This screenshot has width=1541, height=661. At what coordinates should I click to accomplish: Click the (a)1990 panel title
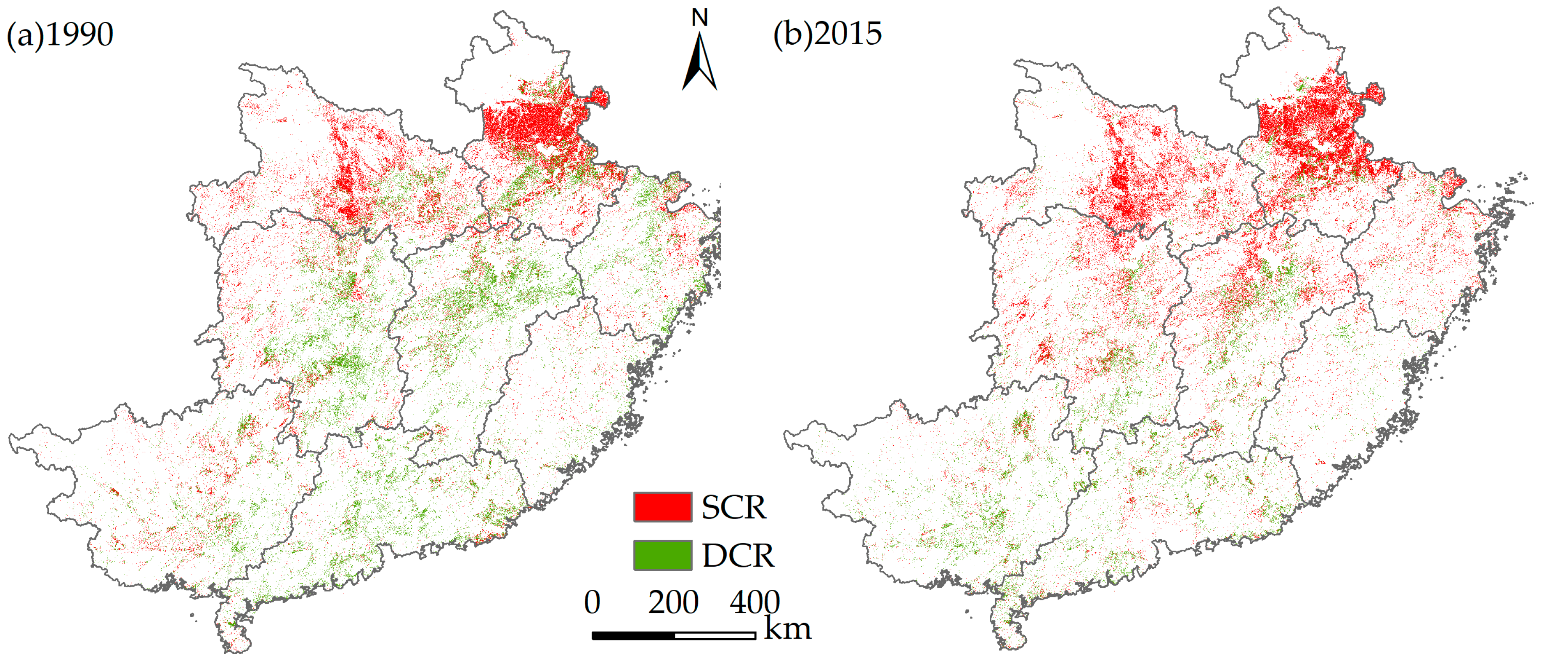coord(60,34)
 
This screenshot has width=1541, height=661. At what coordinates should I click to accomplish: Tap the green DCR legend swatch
coord(662,555)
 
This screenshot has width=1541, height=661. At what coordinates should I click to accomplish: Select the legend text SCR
coord(733,507)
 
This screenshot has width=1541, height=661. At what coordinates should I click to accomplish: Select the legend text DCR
coord(738,556)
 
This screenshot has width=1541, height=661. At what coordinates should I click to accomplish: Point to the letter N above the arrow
coord(699,18)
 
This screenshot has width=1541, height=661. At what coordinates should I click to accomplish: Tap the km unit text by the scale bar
coord(787,629)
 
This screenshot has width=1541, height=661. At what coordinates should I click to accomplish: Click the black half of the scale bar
coord(633,636)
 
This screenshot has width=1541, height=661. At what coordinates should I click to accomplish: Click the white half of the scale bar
coord(715,636)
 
